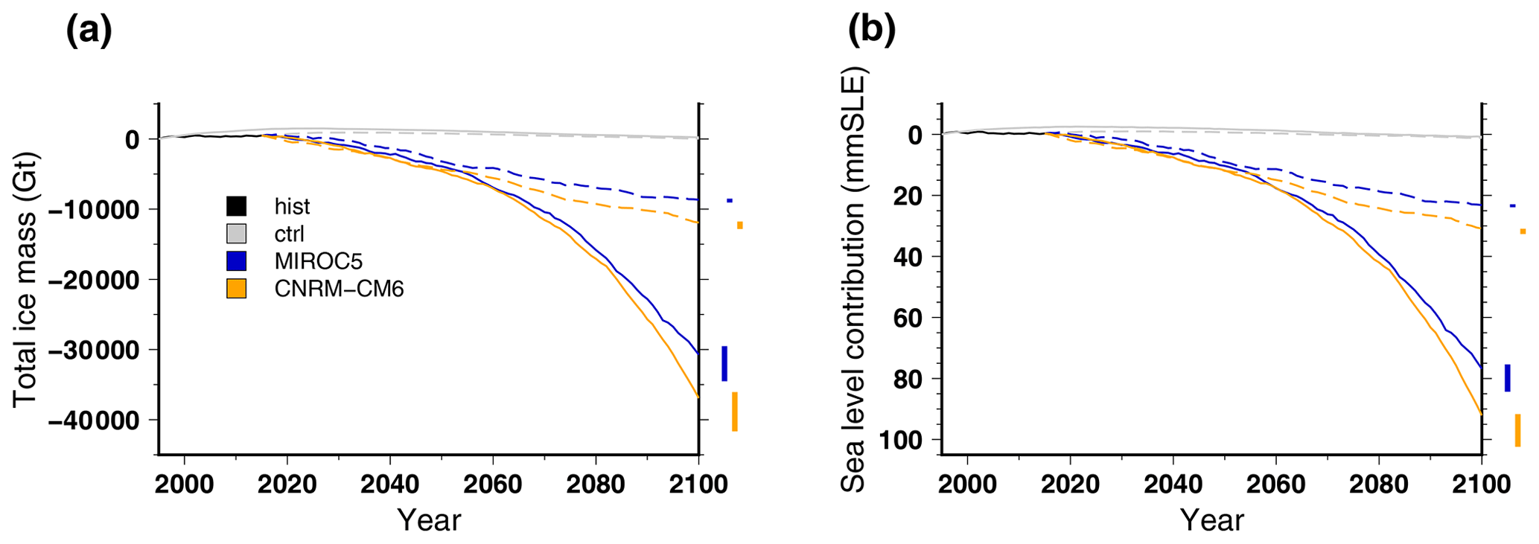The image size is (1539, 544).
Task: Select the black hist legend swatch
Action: pos(236,206)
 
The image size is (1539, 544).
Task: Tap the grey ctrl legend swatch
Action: pos(236,234)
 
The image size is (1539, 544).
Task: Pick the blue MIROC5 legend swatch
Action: pos(236,260)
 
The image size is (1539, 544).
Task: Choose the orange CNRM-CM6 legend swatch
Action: pos(236,288)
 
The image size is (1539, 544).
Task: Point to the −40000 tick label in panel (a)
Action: pos(93,420)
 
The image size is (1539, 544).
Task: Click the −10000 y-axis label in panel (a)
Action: pos(93,210)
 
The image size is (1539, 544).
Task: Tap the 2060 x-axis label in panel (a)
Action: pos(492,484)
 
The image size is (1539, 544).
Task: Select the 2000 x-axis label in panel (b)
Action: pos(966,484)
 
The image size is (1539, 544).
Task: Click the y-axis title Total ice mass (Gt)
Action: pos(25,280)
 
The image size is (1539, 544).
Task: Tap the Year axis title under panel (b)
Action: pos(1211,520)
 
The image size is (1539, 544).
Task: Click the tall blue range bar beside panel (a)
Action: pos(724,364)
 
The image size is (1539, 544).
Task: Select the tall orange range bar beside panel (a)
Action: pos(735,412)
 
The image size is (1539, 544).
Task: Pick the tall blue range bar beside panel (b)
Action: pos(1508,378)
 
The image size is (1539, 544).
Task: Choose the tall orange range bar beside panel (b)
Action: pos(1518,430)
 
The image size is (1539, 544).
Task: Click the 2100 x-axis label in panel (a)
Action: pos(698,484)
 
